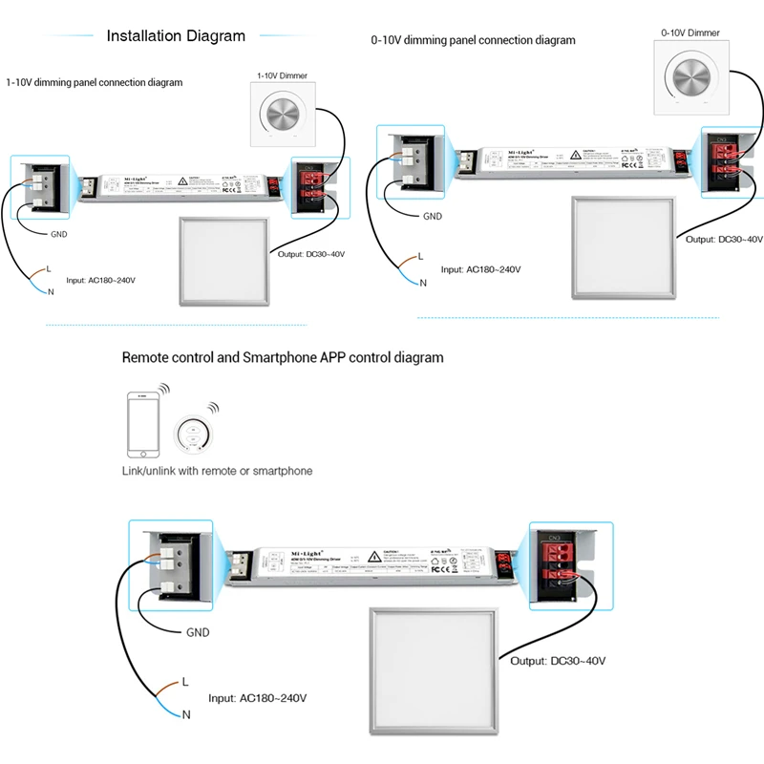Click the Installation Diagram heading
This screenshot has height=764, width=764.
tap(176, 36)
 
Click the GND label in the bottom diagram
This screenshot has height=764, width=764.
tap(198, 632)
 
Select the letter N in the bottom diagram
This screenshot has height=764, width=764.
tap(186, 714)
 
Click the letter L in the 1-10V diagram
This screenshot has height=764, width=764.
tap(48, 269)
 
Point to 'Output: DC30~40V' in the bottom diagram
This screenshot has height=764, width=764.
tap(559, 661)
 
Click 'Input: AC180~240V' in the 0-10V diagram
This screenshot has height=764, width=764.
tap(480, 269)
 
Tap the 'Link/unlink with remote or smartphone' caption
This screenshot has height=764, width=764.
tap(217, 471)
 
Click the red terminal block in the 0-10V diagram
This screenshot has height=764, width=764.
tap(725, 163)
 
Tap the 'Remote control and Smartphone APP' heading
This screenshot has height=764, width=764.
tap(283, 358)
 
